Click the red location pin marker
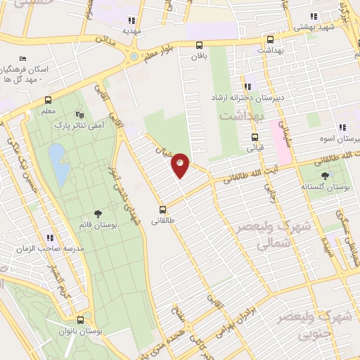[x=180, y=165]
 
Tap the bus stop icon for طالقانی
[x=163, y=210]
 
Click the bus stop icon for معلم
[x=48, y=100]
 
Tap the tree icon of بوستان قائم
[x=98, y=213]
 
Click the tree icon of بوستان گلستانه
[x=324, y=176]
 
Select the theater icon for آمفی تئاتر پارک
[x=79, y=113]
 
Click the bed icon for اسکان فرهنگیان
[x=24, y=58]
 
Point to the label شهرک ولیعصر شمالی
[x=253, y=235]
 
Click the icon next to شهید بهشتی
[x=314, y=17]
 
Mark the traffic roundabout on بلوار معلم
[x=134, y=56]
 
